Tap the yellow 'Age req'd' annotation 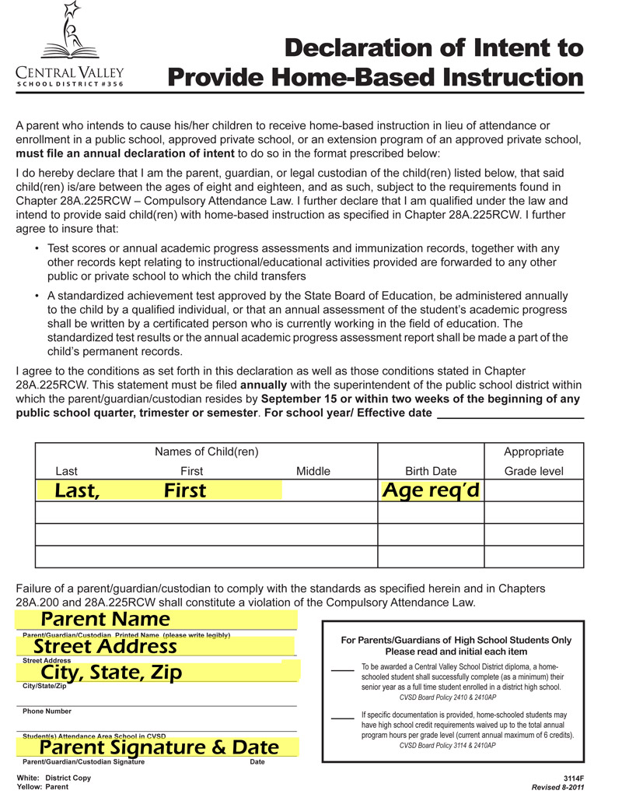[430, 490]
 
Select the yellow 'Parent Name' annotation [105, 619]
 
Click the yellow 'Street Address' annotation [105, 646]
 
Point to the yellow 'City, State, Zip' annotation [111, 672]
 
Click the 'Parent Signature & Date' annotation [159, 747]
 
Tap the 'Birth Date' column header [431, 471]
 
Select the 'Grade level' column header [533, 471]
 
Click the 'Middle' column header [313, 471]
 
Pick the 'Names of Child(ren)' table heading [207, 451]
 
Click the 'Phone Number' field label [47, 711]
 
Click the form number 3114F [573, 778]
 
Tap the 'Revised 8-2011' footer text [557, 787]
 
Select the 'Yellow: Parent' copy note [42, 787]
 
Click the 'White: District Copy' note [54, 778]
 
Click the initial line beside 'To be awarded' [342, 669]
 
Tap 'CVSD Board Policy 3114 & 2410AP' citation [447, 745]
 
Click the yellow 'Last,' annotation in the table [77, 490]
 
